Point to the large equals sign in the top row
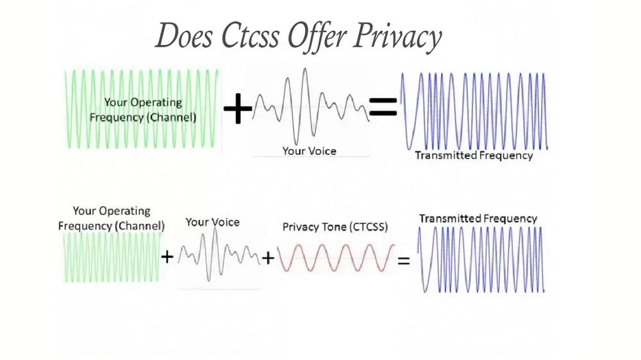point(383,108)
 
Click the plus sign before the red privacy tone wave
point(268,258)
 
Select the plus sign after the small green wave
point(167,258)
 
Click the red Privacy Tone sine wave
point(335,258)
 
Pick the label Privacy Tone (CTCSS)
point(335,227)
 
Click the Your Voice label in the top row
point(309,151)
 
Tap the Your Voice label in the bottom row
point(212,222)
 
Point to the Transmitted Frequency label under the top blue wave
point(473,155)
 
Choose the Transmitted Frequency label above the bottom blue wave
point(478,218)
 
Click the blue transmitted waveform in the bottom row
point(482,259)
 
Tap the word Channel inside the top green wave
point(173,118)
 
